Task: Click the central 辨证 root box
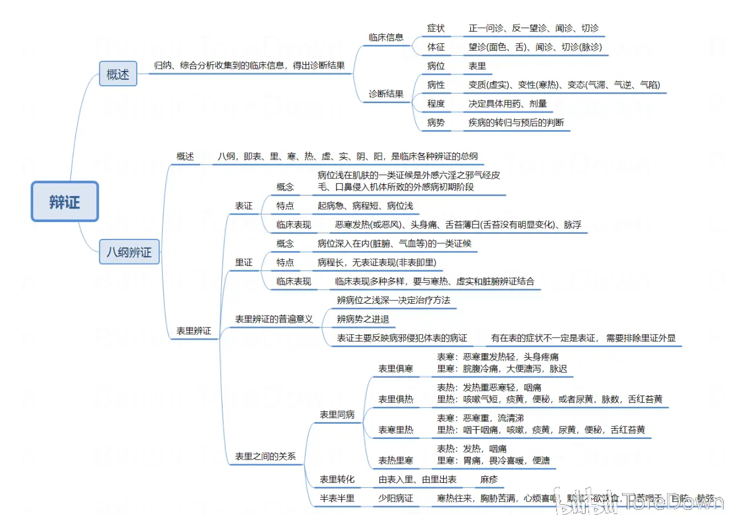tap(65, 202)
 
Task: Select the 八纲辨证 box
tap(130, 252)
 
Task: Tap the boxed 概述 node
tap(118, 74)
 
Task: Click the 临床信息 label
tap(386, 38)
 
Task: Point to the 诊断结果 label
tap(386, 94)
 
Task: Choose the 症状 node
tap(436, 28)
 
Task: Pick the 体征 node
tap(436, 47)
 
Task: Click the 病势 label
tap(436, 122)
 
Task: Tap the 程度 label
tap(436, 104)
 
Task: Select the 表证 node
tap(244, 206)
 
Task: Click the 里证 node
tap(244, 263)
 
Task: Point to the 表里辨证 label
tap(194, 331)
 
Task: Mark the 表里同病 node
tap(337, 415)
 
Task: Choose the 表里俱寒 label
tap(395, 369)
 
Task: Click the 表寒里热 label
tap(395, 430)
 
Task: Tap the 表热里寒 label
tap(395, 460)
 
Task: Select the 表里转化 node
tap(337, 480)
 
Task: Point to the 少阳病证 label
tap(395, 499)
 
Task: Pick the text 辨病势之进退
tap(363, 319)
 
